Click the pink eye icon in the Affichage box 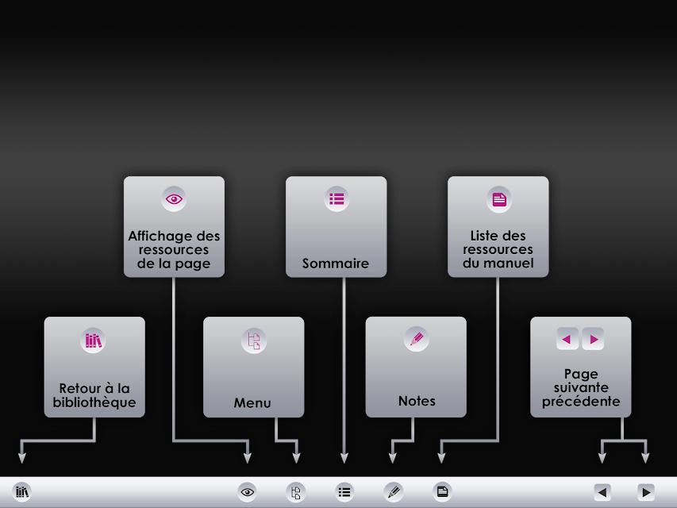(x=174, y=199)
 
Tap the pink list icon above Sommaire (x=337, y=199)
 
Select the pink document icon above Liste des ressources (x=499, y=199)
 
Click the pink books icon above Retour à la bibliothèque (x=94, y=341)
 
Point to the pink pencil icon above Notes (x=417, y=339)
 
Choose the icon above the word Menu (x=254, y=341)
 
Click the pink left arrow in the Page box (x=567, y=339)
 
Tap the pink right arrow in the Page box (x=593, y=339)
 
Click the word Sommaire (x=336, y=264)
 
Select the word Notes (x=417, y=402)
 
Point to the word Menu (x=252, y=403)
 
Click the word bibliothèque (x=94, y=402)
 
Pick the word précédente (x=581, y=402)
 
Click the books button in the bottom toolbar (x=22, y=491)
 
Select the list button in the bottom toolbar (x=344, y=492)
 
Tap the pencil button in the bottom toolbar (x=394, y=492)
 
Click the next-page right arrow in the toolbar (x=646, y=492)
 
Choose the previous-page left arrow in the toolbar (x=602, y=492)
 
